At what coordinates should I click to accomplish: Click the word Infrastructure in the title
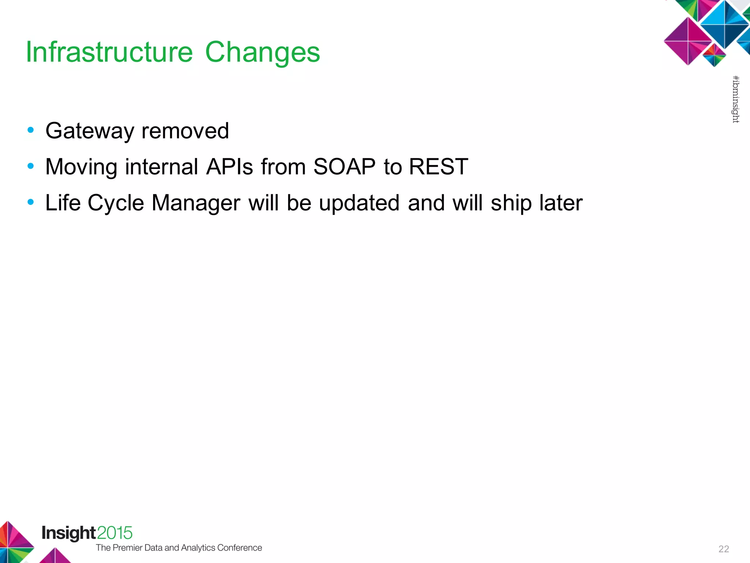pos(109,52)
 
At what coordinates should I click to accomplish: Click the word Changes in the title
pos(262,53)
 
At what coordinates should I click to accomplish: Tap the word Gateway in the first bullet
pos(90,131)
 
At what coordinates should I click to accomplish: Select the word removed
pos(185,131)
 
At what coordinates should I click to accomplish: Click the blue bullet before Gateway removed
pos(31,130)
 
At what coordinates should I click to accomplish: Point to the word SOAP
pos(344,167)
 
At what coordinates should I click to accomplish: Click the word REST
pos(438,167)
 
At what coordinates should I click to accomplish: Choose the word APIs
pos(230,167)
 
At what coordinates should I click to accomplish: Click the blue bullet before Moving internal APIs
pos(31,166)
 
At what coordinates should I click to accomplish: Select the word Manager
pos(196,203)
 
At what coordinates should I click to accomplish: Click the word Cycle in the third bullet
pos(116,203)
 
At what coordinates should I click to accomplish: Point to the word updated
pos(359,203)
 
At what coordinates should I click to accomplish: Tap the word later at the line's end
pos(561,203)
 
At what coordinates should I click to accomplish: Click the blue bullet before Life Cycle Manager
pos(31,202)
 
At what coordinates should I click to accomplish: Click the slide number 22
pos(724,549)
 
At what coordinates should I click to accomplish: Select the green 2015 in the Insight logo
pos(115,533)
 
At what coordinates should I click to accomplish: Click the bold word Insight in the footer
pos(69,533)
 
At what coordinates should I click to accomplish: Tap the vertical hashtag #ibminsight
pos(735,99)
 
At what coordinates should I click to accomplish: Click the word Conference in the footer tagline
pos(240,548)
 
